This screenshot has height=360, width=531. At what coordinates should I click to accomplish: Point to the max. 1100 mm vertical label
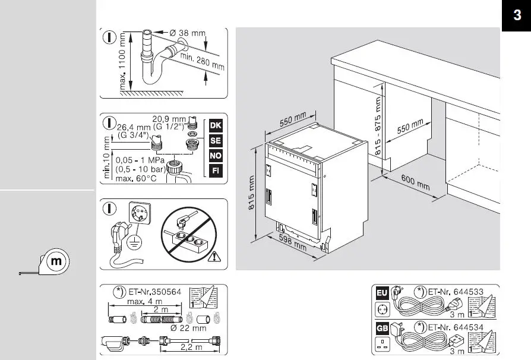pos(123,61)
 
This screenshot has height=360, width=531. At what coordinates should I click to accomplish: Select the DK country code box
pos(216,126)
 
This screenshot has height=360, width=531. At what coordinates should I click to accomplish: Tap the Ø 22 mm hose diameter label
pos(188,328)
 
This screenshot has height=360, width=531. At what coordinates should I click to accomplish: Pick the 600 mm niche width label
pos(415,182)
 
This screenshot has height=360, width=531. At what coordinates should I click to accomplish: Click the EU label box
pos(381,293)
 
